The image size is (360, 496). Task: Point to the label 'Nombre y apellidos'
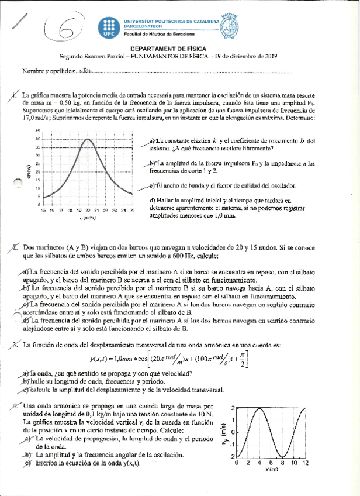tap(48, 71)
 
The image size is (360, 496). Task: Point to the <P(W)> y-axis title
tap(27, 171)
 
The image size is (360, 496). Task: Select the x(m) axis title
tap(270, 470)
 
